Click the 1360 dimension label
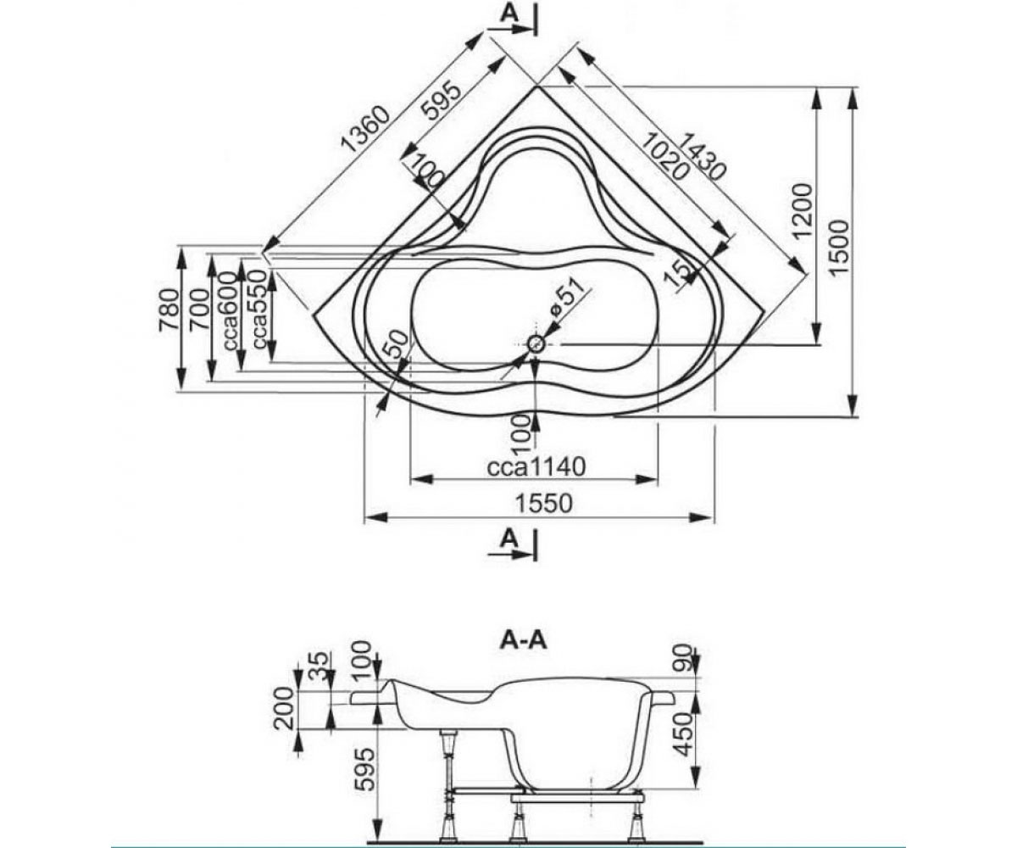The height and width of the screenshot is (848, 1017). [366, 129]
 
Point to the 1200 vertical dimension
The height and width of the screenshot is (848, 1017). [803, 210]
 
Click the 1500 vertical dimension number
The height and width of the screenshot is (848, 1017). [839, 248]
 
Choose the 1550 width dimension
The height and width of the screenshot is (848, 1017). [543, 503]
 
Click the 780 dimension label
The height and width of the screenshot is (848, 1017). [169, 310]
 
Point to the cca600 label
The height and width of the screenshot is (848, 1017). [230, 311]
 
